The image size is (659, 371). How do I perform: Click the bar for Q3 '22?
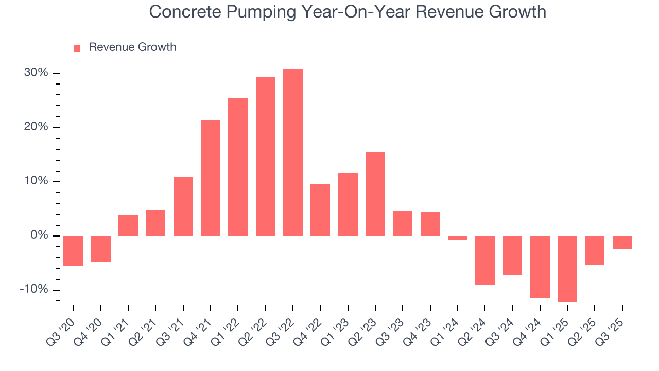293,152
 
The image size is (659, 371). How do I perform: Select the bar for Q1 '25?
567,268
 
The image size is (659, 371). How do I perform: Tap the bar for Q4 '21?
211,178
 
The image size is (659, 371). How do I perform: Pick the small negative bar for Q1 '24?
458,238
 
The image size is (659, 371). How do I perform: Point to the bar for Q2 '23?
375,194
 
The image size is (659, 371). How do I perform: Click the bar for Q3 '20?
73,251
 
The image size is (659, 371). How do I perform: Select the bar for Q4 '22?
320,210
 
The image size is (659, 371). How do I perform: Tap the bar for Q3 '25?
622,242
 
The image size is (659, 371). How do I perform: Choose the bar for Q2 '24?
485,260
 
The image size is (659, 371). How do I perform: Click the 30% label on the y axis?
36,73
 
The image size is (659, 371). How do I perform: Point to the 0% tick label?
39,235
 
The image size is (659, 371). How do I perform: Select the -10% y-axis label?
33,290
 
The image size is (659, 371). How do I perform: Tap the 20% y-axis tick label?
36,127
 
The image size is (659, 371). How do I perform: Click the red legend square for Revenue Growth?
77,48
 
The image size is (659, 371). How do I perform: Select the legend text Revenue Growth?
132,47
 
